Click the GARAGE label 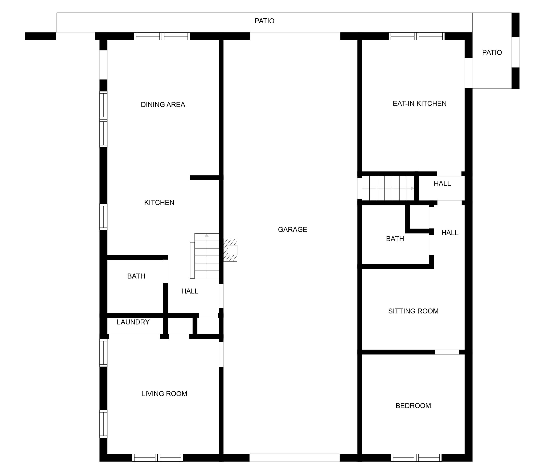pyautogui.click(x=292, y=230)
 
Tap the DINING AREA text pyautogui.click(x=163, y=104)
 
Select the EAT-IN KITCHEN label pyautogui.click(x=420, y=104)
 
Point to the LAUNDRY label pyautogui.click(x=133, y=322)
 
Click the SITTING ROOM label pyautogui.click(x=413, y=311)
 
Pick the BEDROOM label pyautogui.click(x=413, y=405)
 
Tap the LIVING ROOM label pyautogui.click(x=164, y=393)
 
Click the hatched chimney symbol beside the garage pyautogui.click(x=230, y=250)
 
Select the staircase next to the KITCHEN pyautogui.click(x=205, y=256)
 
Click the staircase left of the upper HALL pyautogui.click(x=388, y=188)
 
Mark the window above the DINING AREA pyautogui.click(x=162, y=36)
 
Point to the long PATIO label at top pyautogui.click(x=265, y=21)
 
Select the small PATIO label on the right pyautogui.click(x=492, y=52)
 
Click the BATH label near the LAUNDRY pyautogui.click(x=136, y=276)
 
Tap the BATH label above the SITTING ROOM pyautogui.click(x=395, y=239)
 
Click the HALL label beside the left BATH pyautogui.click(x=190, y=291)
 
